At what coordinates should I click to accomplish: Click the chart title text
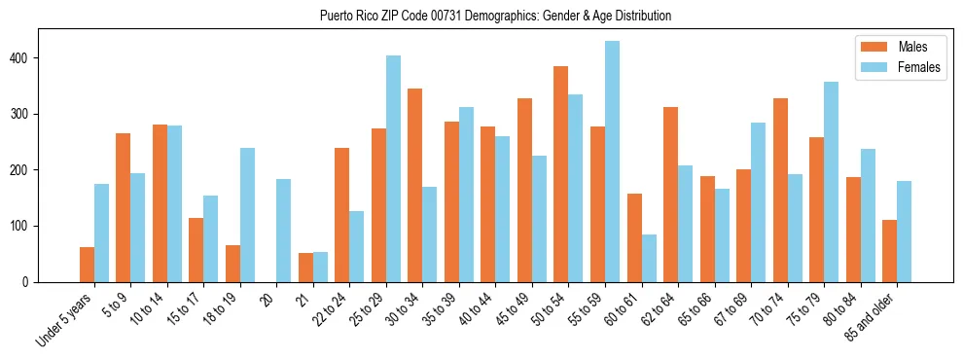[x=495, y=16]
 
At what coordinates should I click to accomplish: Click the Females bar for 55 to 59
[x=612, y=162]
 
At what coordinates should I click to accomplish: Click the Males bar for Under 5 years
[x=88, y=265]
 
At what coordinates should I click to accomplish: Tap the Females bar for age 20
[x=284, y=231]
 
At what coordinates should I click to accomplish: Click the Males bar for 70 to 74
[x=780, y=201]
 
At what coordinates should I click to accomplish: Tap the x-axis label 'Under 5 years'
[x=66, y=321]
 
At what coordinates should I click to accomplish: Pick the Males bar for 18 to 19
[x=233, y=264]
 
